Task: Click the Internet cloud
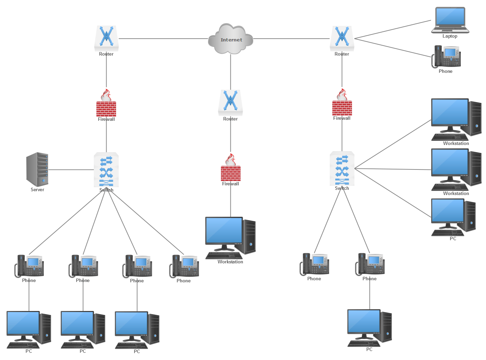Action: point(231,39)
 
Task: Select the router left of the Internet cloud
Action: point(107,38)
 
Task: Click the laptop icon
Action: point(450,20)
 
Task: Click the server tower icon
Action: point(38,169)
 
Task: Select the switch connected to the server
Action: point(107,169)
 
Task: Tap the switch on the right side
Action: point(342,168)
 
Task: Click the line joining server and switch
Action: point(71,169)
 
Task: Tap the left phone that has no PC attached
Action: point(184,266)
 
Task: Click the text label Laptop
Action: point(450,36)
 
